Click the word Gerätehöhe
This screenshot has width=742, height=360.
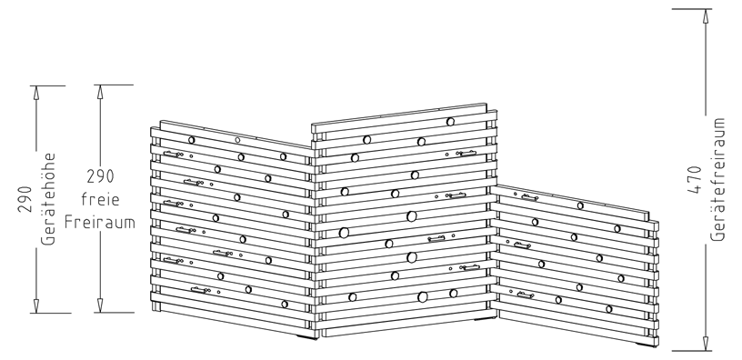coord(48,199)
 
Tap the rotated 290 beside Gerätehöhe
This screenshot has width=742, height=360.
coord(25,199)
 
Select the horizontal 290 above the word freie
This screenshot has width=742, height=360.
coord(100,176)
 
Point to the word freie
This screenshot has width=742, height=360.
coord(100,199)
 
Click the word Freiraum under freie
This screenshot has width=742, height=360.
coord(100,222)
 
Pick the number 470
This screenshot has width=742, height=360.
coord(694,179)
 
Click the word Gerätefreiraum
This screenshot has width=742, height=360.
coord(717,179)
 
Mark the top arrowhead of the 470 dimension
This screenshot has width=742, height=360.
coord(706,16)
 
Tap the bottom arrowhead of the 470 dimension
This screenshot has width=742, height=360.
coord(706,344)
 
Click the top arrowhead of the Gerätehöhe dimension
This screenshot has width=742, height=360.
coord(36,93)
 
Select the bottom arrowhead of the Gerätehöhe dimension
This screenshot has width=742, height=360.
coord(36,305)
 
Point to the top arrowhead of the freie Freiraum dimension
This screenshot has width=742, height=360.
coord(100,92)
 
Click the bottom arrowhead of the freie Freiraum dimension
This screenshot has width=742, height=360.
coord(100,305)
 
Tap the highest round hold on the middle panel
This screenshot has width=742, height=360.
coord(450,122)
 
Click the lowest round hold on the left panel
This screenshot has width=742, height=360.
coord(285,305)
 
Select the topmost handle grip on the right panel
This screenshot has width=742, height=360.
coord(529,198)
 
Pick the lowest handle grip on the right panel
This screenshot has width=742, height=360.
coord(526,295)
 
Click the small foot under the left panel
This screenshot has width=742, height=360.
coord(307,337)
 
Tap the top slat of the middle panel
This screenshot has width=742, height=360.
coord(399,114)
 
